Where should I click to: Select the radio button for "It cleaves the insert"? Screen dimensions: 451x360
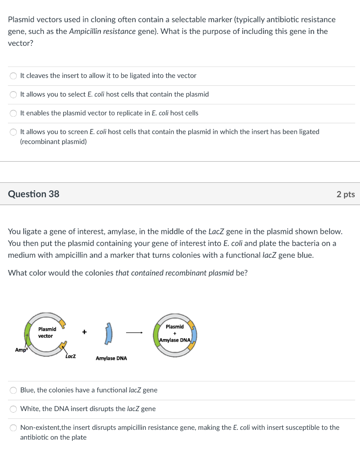(x=14, y=76)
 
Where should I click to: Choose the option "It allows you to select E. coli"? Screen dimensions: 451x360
(x=14, y=94)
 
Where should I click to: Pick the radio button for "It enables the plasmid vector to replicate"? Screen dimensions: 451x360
(x=14, y=113)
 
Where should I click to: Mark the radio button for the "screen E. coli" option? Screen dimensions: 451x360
(x=14, y=132)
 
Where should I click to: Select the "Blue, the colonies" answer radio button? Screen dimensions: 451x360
(x=14, y=390)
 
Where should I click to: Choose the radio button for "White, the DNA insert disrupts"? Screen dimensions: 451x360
(x=14, y=409)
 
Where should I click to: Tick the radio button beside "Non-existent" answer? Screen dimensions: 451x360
(x=14, y=428)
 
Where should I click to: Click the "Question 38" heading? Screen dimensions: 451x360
(x=33, y=194)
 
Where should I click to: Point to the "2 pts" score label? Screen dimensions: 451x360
(x=345, y=195)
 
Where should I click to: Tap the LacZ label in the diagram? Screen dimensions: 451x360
(x=71, y=356)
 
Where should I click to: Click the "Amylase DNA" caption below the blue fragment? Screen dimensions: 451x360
(x=111, y=359)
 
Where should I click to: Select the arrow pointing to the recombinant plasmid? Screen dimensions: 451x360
(x=135, y=333)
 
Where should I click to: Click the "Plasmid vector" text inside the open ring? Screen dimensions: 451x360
(x=47, y=333)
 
